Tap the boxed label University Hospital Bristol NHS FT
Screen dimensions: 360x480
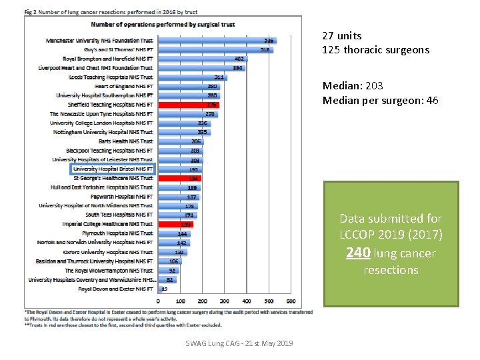pyautogui.click(x=113, y=169)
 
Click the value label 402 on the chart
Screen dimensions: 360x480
pyautogui.click(x=239, y=59)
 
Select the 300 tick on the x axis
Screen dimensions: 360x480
pyautogui.click(x=224, y=301)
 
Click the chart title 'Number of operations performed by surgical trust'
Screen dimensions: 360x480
pyautogui.click(x=163, y=25)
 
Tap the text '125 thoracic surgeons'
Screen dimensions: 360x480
pyautogui.click(x=375, y=50)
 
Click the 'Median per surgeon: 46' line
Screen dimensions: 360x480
pyautogui.click(x=380, y=101)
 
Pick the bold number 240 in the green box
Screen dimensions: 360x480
pyautogui.click(x=357, y=253)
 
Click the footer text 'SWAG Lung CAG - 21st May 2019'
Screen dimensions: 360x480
pyautogui.click(x=239, y=343)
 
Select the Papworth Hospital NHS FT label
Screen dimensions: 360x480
pyautogui.click(x=124, y=197)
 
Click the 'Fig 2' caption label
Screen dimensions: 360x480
pyautogui.click(x=31, y=13)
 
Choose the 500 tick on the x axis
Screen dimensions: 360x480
pyautogui.click(x=269, y=301)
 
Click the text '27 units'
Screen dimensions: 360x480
pyautogui.click(x=341, y=36)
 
